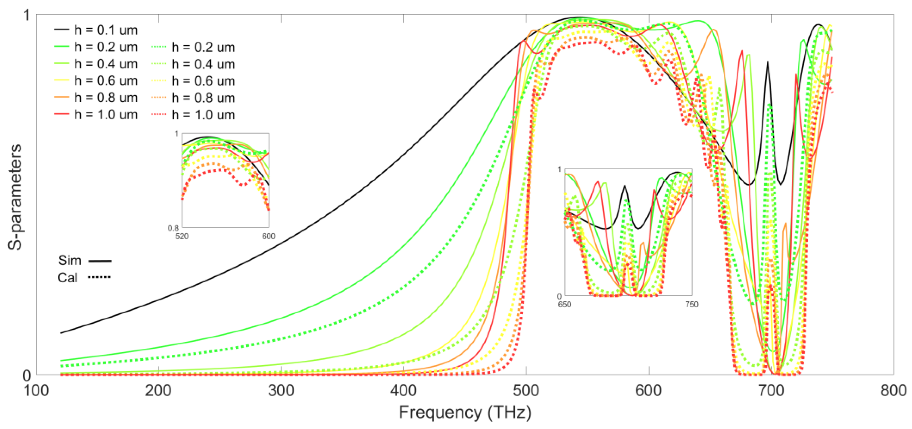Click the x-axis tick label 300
(281, 391)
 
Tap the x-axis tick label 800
(893, 391)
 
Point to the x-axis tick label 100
(36, 391)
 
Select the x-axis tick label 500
(526, 391)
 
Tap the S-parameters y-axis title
(15, 197)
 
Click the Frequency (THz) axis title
(465, 413)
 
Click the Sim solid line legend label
(70, 261)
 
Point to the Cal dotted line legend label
(67, 277)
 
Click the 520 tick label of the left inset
(182, 236)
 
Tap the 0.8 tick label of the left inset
(173, 228)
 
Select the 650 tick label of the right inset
(564, 304)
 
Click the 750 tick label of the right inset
(692, 304)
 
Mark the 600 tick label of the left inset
(268, 236)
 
